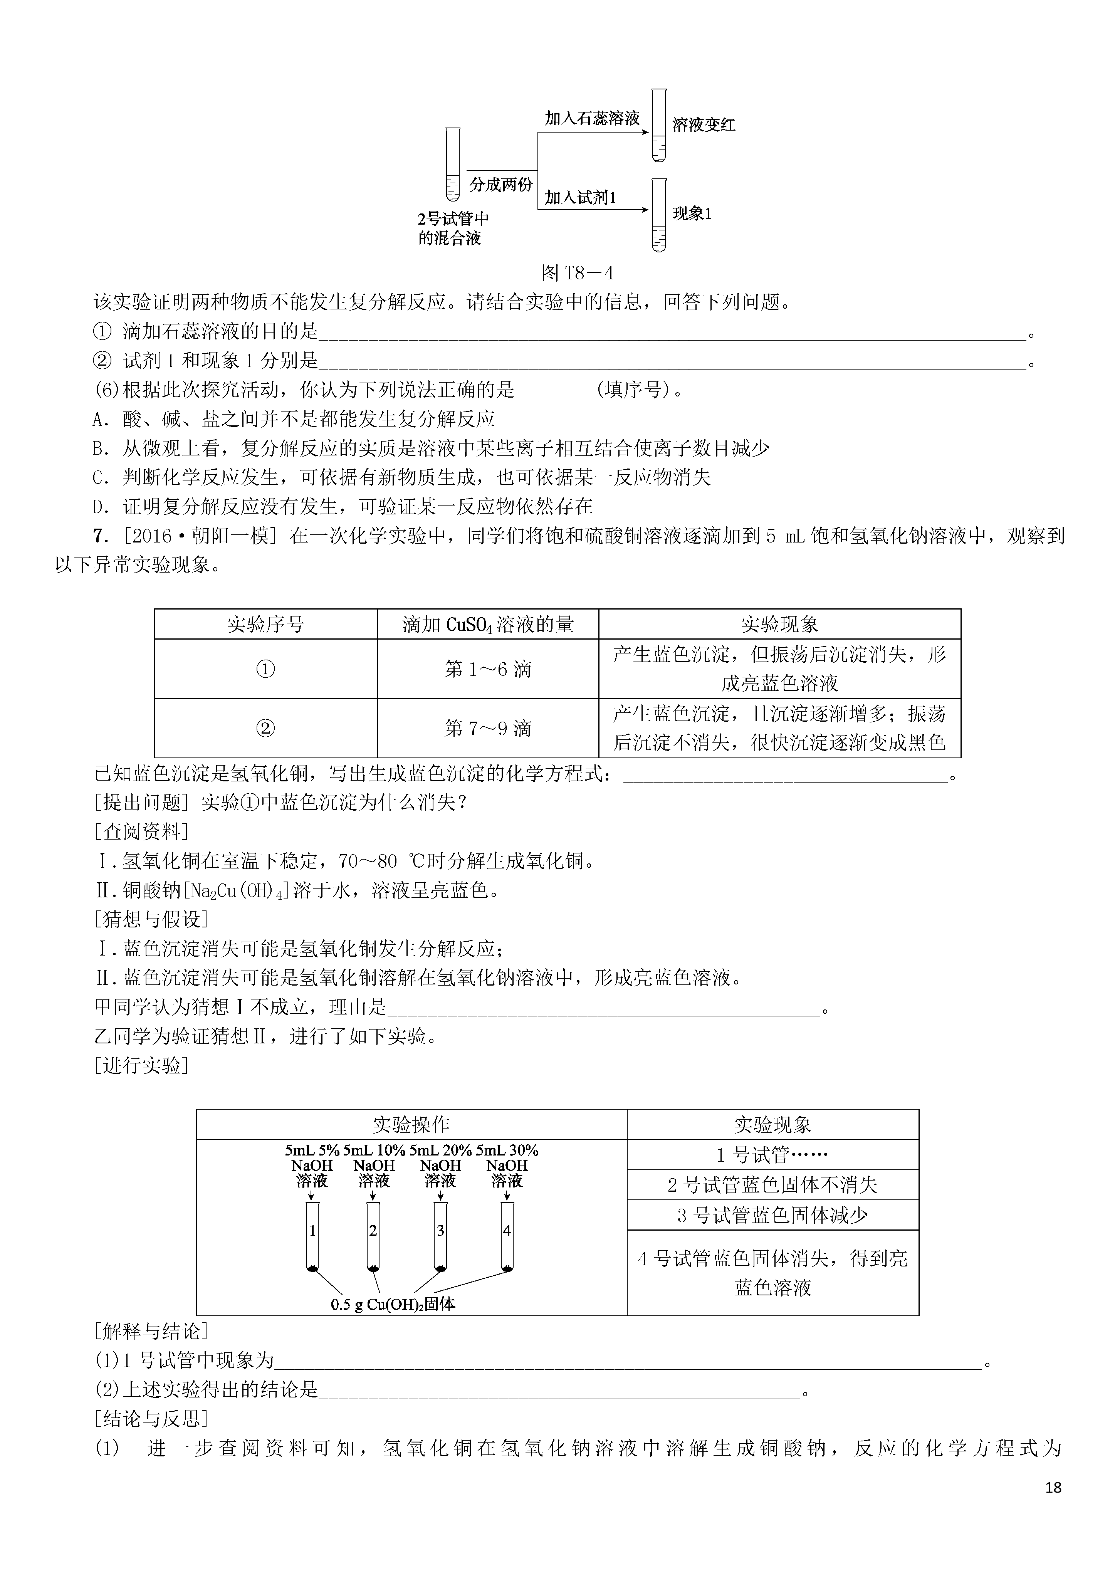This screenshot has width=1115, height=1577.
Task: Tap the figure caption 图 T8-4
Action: [x=577, y=274]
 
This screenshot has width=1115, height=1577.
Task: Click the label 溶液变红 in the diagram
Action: [x=704, y=125]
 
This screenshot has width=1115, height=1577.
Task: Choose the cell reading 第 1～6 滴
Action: [x=488, y=669]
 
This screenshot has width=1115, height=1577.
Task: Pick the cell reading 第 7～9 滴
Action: [x=488, y=728]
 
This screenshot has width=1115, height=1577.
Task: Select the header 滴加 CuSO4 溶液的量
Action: [x=488, y=624]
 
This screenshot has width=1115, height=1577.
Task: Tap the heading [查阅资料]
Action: [x=141, y=832]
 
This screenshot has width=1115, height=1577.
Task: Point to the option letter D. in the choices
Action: [x=101, y=507]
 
